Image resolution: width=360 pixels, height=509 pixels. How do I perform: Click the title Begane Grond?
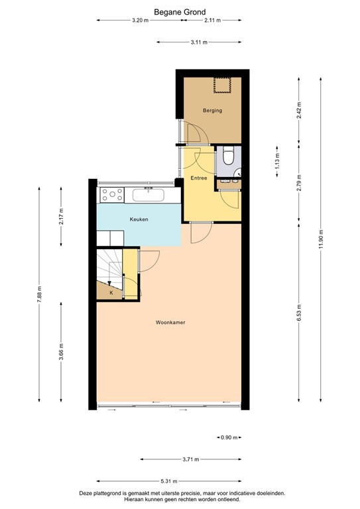tap(180, 11)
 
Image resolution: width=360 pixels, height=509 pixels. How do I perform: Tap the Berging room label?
tap(212, 111)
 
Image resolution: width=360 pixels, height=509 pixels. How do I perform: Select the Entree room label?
tap(199, 178)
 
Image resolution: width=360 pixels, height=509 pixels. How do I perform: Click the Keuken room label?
tap(139, 219)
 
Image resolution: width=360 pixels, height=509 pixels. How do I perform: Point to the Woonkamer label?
tap(170, 323)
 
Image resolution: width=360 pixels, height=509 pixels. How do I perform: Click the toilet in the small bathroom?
tap(229, 156)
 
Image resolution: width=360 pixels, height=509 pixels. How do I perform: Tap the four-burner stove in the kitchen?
tap(111, 195)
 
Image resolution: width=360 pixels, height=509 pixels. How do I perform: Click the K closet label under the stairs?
tap(111, 292)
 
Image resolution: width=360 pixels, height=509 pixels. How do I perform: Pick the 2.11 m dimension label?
tap(212, 21)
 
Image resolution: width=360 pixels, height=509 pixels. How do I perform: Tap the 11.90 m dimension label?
tap(321, 238)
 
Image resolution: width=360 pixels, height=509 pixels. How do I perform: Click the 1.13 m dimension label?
tap(277, 162)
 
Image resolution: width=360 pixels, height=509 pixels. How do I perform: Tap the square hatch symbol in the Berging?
tap(221, 85)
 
